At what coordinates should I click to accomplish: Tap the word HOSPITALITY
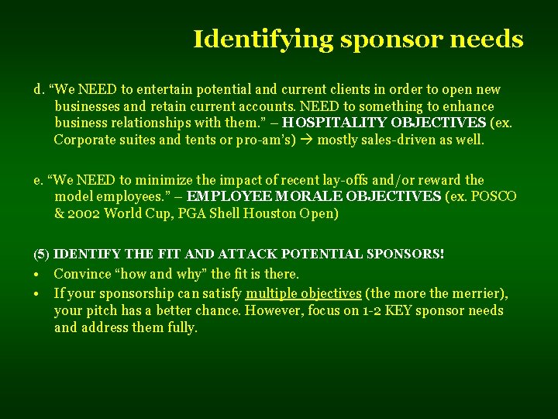click(336, 123)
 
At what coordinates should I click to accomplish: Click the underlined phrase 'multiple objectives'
click(303, 293)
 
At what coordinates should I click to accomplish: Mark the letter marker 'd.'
click(39, 89)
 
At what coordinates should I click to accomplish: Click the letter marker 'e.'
click(39, 180)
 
